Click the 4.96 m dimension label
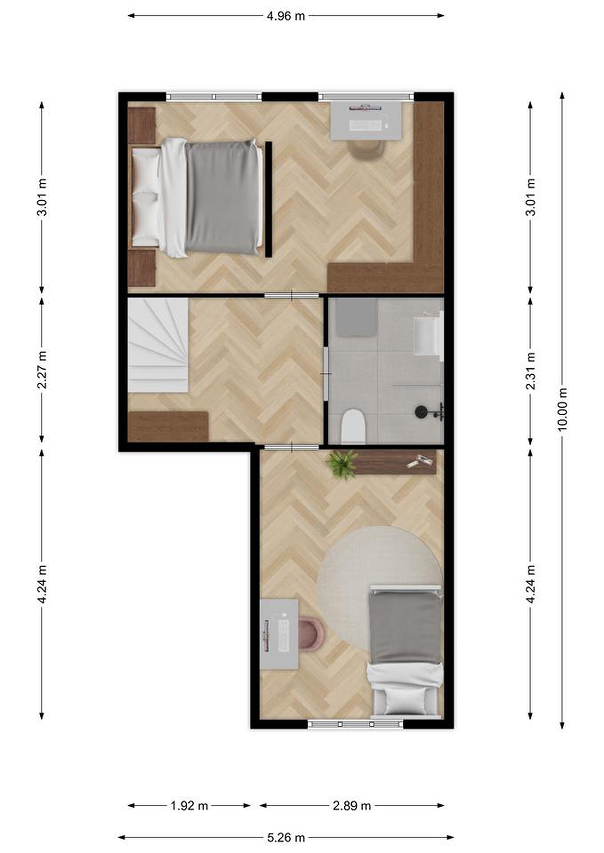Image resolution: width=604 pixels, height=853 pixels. point(286,16)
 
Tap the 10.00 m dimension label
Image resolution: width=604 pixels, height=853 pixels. point(562,409)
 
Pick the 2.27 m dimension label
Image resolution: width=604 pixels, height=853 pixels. point(42,370)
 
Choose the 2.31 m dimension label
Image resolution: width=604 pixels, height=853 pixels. point(531,371)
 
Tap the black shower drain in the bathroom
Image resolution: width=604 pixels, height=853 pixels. point(420,411)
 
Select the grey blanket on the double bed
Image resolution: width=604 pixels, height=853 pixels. point(223,197)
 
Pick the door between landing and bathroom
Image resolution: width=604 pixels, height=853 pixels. point(326,374)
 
